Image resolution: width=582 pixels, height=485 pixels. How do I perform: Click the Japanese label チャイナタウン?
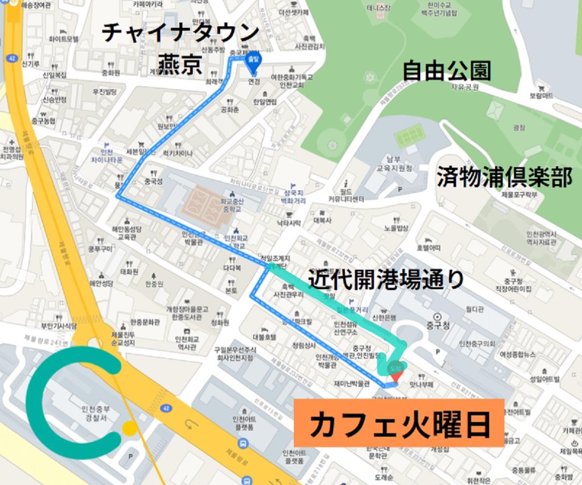180,33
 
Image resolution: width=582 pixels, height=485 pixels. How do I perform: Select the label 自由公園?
446,70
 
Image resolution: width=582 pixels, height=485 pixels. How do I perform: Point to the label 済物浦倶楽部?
504,177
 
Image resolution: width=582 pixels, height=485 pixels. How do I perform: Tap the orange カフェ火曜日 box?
399,423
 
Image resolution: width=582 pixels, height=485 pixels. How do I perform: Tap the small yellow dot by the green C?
129,428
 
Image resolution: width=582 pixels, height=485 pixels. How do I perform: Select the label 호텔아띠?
428,248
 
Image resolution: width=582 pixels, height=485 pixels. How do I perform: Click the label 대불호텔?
264,336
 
